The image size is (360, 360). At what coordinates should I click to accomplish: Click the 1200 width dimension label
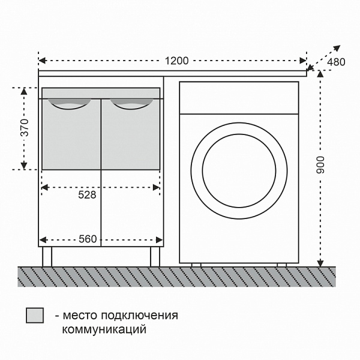pos(177,61)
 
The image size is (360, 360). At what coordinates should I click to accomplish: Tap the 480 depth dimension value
pos(336,62)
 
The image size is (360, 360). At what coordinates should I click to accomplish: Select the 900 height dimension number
pos(320,165)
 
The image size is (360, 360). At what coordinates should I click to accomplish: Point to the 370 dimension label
pos(25,128)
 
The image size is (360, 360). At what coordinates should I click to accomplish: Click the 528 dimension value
pos(87,195)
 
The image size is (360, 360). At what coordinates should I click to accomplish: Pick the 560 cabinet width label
pos(88,239)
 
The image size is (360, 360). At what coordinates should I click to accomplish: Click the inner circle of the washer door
pos(239,134)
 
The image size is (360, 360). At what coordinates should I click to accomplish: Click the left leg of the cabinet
pos(47,257)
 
